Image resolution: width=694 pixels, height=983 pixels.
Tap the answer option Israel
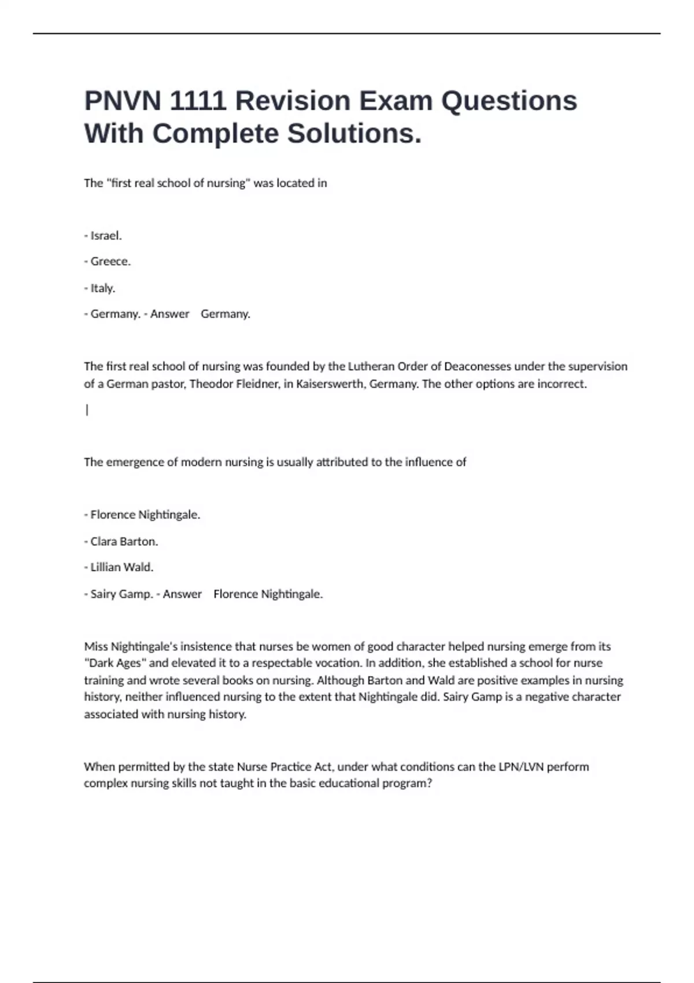click(105, 235)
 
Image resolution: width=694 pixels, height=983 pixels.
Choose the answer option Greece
click(110, 261)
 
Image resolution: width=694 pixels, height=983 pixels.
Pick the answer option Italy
click(102, 288)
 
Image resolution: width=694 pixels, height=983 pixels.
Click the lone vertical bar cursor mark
click(87, 410)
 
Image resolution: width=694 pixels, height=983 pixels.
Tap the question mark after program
click(429, 784)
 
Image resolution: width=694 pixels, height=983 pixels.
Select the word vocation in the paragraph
click(338, 663)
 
